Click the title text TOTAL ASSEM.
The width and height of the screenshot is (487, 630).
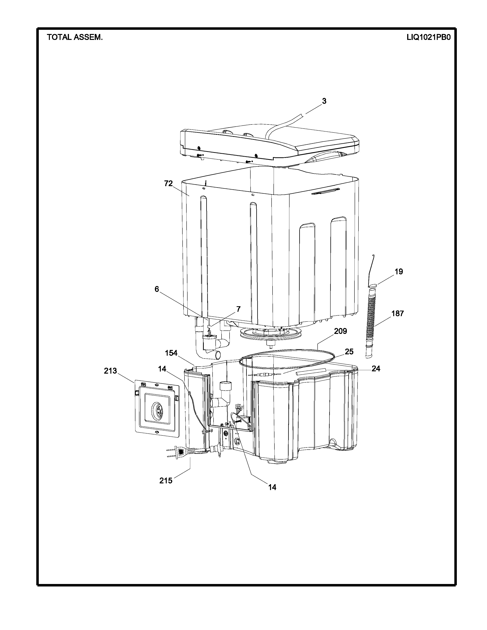tap(75, 37)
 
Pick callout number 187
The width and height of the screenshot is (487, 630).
tap(398, 313)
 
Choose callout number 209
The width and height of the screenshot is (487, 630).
tap(341, 331)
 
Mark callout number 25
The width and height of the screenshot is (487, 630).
tap(349, 352)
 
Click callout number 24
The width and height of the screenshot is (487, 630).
tap(376, 368)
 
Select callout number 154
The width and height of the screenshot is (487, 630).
tap(171, 353)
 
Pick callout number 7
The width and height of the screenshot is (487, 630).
tap(238, 309)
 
